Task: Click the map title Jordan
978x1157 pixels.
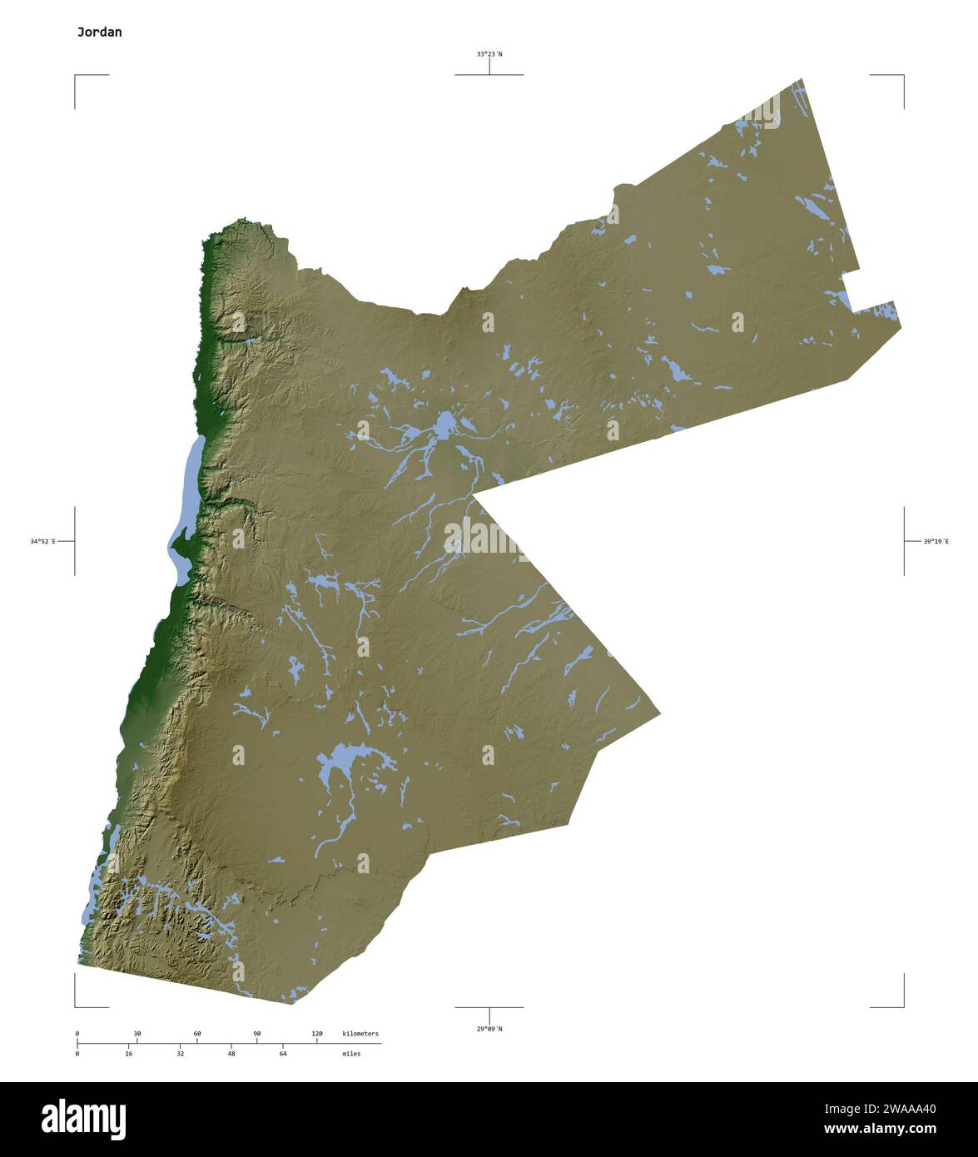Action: pyautogui.click(x=99, y=32)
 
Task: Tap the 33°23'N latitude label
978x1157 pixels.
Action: pyautogui.click(x=489, y=54)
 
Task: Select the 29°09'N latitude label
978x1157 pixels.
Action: pyautogui.click(x=489, y=1029)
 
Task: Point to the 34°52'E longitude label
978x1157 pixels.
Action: pyautogui.click(x=43, y=542)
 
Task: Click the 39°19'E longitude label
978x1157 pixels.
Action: pyautogui.click(x=936, y=542)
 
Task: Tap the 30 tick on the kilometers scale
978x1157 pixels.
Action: pyautogui.click(x=137, y=1034)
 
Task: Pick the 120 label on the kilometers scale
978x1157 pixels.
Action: pyautogui.click(x=317, y=1034)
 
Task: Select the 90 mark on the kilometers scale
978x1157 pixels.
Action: pyautogui.click(x=257, y=1034)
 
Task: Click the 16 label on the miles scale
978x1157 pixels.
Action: pyautogui.click(x=129, y=1054)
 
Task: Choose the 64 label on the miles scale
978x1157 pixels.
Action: pyautogui.click(x=283, y=1054)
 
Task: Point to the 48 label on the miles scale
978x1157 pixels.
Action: pyautogui.click(x=231, y=1054)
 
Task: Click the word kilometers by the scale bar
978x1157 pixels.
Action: pyautogui.click(x=360, y=1034)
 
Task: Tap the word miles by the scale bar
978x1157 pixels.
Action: pyautogui.click(x=351, y=1054)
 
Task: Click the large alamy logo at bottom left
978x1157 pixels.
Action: pyautogui.click(x=83, y=1119)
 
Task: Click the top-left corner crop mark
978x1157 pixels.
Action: pyautogui.click(x=76, y=76)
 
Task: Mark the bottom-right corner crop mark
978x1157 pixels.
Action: pyautogui.click(x=903, y=1006)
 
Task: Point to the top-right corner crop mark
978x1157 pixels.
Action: pyautogui.click(x=903, y=76)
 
